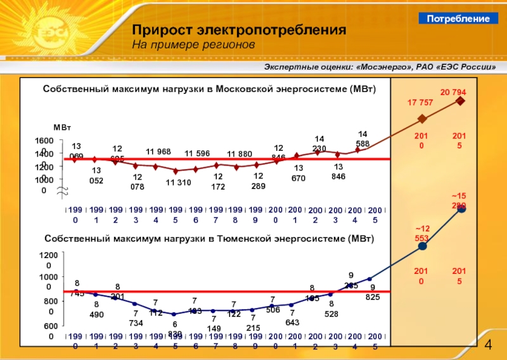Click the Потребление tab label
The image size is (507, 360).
(458, 19)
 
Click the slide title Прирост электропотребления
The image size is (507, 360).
(239, 31)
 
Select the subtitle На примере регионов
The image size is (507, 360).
(193, 46)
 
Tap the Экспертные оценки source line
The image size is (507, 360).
(379, 68)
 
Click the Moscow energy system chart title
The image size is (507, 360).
(209, 90)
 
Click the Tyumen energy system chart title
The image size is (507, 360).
(209, 239)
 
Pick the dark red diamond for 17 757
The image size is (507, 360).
(423, 119)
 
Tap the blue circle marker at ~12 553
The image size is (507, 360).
(423, 246)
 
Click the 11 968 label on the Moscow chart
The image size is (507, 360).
(159, 152)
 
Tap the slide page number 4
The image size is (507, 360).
(488, 344)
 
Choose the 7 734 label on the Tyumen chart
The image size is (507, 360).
(135, 318)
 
